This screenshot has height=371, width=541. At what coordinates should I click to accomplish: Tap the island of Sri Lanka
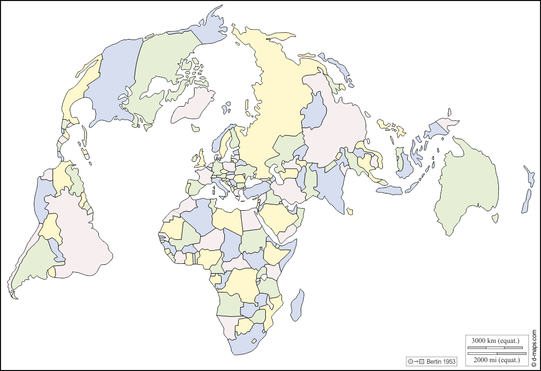pos(350,211)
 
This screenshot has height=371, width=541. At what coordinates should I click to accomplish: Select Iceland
pos(196,127)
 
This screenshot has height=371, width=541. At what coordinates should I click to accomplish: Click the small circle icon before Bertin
pos(410,361)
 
